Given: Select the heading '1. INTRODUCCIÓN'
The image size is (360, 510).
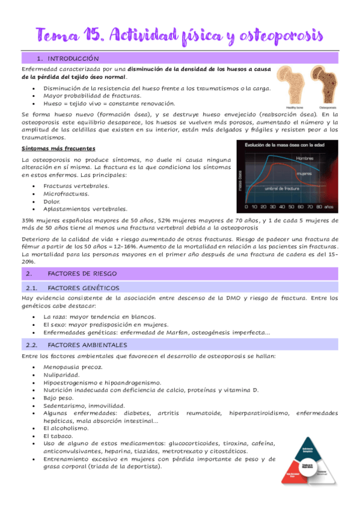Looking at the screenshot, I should pos(67,59).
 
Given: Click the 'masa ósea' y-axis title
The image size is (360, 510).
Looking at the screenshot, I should pos(240,179).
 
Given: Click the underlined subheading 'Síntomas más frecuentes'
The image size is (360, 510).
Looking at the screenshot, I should pos(58,149).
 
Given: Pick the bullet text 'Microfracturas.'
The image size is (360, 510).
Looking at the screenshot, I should pos(66,194).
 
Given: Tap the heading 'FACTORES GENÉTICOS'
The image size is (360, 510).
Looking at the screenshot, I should pos(83,288).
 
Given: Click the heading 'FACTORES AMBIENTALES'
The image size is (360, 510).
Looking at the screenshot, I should pos(87,345).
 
